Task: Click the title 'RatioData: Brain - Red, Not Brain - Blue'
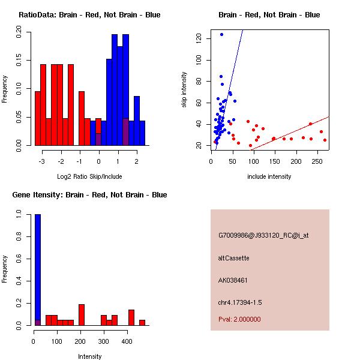(x=89, y=15)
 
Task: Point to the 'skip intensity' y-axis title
(x=184, y=90)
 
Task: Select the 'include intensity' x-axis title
(x=269, y=176)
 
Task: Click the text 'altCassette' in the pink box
(x=233, y=258)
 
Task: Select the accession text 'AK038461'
(x=233, y=280)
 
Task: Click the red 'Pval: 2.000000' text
(x=239, y=319)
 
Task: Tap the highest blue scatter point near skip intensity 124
(x=221, y=35)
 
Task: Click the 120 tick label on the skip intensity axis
(x=198, y=38)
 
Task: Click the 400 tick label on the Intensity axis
(x=127, y=341)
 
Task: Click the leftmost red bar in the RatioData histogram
(x=37, y=118)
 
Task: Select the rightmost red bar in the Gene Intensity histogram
(x=142, y=322)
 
